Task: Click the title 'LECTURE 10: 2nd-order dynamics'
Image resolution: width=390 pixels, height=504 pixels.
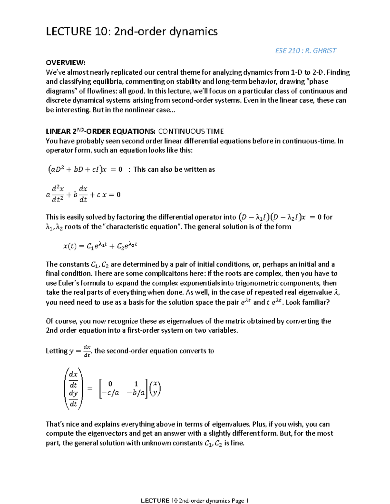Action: point(132,31)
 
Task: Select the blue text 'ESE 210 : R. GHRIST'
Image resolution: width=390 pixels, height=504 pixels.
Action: point(305,51)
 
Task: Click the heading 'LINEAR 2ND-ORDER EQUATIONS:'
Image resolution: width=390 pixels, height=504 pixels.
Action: point(100,131)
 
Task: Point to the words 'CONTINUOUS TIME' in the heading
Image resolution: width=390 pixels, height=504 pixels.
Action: point(191,131)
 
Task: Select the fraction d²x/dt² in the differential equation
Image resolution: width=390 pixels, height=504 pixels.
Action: point(58,194)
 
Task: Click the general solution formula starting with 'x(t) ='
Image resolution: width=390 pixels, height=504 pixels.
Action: point(100,246)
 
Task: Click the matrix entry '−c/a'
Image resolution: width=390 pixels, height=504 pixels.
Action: point(110,393)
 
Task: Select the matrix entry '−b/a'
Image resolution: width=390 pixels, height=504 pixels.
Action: point(136,393)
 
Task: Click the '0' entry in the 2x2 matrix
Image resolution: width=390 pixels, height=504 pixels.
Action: point(110,384)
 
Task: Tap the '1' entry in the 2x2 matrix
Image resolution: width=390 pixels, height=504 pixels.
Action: point(136,384)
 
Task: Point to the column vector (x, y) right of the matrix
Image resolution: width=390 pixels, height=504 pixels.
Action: point(155,388)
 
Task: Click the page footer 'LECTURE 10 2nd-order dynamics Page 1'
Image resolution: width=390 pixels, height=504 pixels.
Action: point(195,500)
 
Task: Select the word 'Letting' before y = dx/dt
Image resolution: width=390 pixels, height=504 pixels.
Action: point(57,351)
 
